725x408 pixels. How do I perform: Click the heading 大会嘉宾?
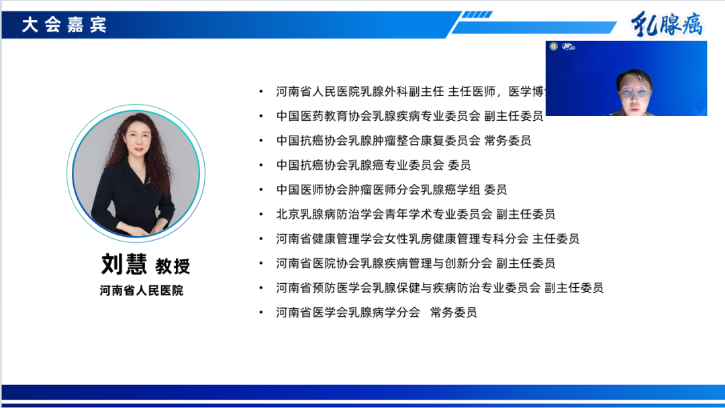[64, 25]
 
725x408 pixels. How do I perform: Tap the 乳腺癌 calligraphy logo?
[666, 25]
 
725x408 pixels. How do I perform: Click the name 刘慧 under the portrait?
[124, 264]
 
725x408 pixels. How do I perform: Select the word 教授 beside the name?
[173, 266]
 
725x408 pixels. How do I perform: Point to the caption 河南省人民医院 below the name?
[141, 291]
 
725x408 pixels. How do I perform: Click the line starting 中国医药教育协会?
[409, 116]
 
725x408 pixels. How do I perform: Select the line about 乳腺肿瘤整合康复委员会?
[403, 141]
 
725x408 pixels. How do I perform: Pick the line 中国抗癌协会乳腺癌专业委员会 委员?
[373, 165]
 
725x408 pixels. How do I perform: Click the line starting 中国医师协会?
[391, 190]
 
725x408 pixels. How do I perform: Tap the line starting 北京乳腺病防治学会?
[416, 215]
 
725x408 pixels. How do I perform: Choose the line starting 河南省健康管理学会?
[428, 239]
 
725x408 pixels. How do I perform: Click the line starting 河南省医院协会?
[416, 264]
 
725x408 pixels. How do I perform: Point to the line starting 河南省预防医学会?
[440, 288]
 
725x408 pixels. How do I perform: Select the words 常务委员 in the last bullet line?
[454, 313]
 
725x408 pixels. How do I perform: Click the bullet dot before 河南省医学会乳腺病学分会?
[261, 313]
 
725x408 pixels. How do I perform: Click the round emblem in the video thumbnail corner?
[554, 46]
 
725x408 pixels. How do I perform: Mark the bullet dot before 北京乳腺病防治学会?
[261, 215]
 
